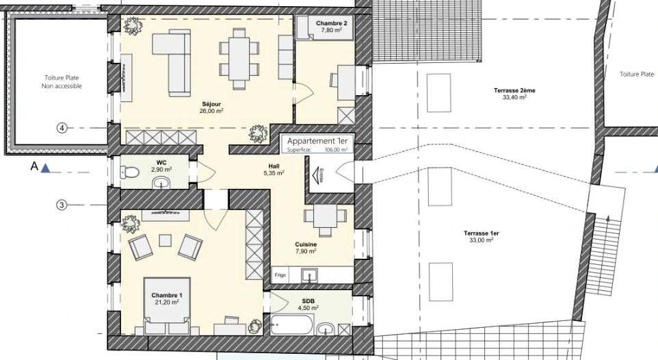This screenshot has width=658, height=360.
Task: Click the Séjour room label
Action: pyautogui.click(x=211, y=104)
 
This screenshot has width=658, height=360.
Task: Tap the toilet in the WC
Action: pyautogui.click(x=130, y=172)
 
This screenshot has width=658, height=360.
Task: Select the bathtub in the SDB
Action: pyautogui.click(x=291, y=324)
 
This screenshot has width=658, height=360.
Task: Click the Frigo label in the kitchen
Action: pyautogui.click(x=280, y=275)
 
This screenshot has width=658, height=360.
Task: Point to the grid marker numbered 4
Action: pyautogui.click(x=62, y=128)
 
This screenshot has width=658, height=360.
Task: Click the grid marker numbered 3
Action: pyautogui.click(x=62, y=205)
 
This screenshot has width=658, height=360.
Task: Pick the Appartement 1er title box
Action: pyautogui.click(x=317, y=144)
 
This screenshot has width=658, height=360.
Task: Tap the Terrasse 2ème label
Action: pyautogui.click(x=514, y=90)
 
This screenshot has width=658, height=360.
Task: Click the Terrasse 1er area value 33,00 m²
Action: pyautogui.click(x=482, y=240)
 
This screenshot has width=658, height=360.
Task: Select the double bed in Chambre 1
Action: pyautogui.click(x=167, y=306)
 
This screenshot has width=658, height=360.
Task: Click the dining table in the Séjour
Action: pyautogui.click(x=239, y=58)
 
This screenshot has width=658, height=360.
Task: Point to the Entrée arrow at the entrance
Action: pyautogui.click(x=319, y=176)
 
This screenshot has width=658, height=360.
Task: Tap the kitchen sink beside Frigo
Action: pyautogui.click(x=310, y=275)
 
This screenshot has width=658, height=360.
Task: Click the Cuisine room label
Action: pyautogui.click(x=306, y=244)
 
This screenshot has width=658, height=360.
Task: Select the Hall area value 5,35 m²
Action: pyautogui.click(x=274, y=173)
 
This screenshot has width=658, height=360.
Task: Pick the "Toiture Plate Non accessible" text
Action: pyautogui.click(x=62, y=82)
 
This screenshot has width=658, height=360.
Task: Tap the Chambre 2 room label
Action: pyautogui.click(x=332, y=23)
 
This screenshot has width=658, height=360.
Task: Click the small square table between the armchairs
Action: pyautogui.click(x=165, y=240)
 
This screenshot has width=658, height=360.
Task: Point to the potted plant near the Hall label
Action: pyautogui.click(x=258, y=134)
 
